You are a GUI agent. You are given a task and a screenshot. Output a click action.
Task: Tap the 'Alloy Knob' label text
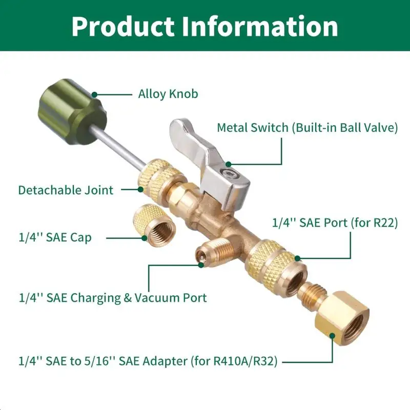(x=168, y=94)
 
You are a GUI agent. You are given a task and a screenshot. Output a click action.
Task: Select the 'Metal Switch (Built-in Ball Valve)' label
(x=307, y=128)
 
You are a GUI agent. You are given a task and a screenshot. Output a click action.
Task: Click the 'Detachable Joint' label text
(x=66, y=190)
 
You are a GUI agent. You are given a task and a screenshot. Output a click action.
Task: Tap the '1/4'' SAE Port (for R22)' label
(x=335, y=223)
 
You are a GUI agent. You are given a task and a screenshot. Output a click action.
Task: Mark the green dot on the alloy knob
(x=94, y=94)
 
